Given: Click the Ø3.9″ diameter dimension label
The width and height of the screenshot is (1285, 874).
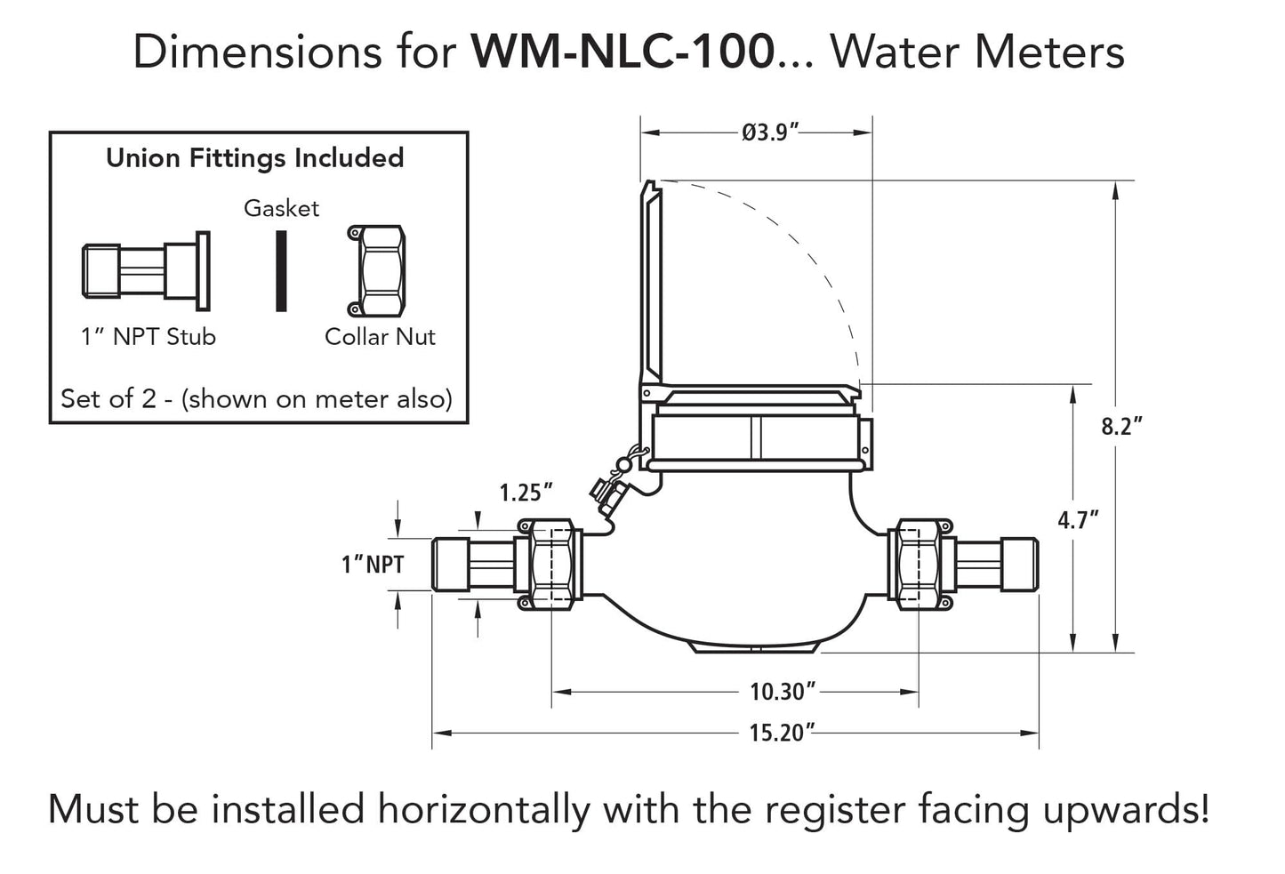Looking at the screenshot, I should [x=769, y=133].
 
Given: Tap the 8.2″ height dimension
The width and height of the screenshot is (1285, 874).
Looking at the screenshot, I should [x=1121, y=426].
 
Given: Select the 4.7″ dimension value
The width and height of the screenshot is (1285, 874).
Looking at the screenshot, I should [x=1078, y=519].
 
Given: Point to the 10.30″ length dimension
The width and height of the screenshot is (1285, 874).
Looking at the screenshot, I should [x=783, y=690].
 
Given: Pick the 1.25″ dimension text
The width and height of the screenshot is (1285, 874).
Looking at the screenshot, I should [x=526, y=492].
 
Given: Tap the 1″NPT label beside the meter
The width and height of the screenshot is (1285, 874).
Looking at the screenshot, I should [x=373, y=565].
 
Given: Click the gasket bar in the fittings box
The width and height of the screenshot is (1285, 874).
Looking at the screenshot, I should [x=281, y=271].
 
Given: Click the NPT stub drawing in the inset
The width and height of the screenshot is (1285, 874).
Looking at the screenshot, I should [x=146, y=271].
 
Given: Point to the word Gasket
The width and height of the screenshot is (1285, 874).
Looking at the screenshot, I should [x=281, y=208].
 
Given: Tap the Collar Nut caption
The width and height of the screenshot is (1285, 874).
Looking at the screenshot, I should [x=380, y=337].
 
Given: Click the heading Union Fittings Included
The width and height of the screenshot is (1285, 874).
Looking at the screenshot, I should [x=255, y=158].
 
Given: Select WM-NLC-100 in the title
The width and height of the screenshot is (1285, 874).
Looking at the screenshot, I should [x=622, y=52].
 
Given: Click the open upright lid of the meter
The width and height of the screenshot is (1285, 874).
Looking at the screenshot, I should [x=650, y=285].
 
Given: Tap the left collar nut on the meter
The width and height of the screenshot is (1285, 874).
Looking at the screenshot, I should [x=550, y=565].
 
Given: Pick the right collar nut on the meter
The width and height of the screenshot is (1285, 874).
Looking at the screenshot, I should [x=921, y=565].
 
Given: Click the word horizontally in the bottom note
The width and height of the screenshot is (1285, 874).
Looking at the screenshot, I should [x=485, y=810].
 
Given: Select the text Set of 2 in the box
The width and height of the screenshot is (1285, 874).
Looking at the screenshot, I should [x=110, y=398].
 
